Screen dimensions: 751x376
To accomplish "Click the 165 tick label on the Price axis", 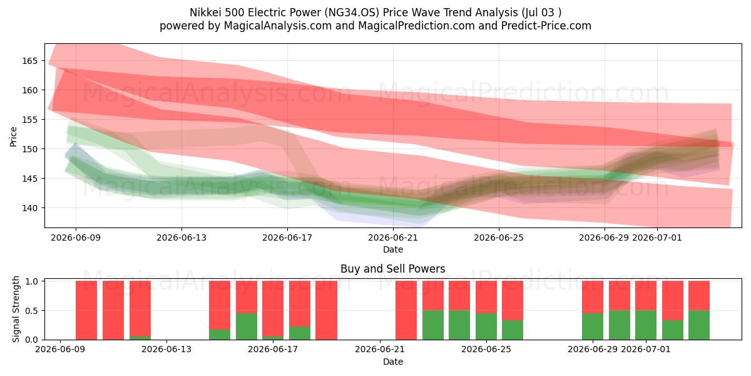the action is point(30,61).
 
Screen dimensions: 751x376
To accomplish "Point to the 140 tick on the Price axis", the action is point(30,208).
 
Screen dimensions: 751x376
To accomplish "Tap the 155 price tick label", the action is point(30,120).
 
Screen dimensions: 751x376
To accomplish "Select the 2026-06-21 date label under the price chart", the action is point(393,238).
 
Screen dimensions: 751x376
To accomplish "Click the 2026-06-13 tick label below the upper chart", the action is point(181,238).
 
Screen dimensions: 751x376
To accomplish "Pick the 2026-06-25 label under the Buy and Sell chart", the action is point(486,349).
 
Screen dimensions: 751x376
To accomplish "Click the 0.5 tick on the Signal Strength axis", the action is point(32,311).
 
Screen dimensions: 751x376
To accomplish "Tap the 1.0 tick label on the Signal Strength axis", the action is point(32,281).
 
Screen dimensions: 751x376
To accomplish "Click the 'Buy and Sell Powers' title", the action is point(392,269).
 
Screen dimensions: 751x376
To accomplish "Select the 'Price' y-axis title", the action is point(13,137).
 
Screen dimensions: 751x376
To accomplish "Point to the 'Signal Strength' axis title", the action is point(16,309).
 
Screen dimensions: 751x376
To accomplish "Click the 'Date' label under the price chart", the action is point(393,249).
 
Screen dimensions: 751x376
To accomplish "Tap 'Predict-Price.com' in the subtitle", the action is point(546,26).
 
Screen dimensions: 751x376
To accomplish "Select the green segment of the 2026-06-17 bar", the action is point(273,338).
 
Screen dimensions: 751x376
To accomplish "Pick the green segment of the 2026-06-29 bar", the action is point(593,326).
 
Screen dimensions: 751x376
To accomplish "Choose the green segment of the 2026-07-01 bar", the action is point(646,325).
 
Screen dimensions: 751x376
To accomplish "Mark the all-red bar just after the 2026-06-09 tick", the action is point(86,310).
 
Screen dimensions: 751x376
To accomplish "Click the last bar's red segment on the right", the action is point(699,296).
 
